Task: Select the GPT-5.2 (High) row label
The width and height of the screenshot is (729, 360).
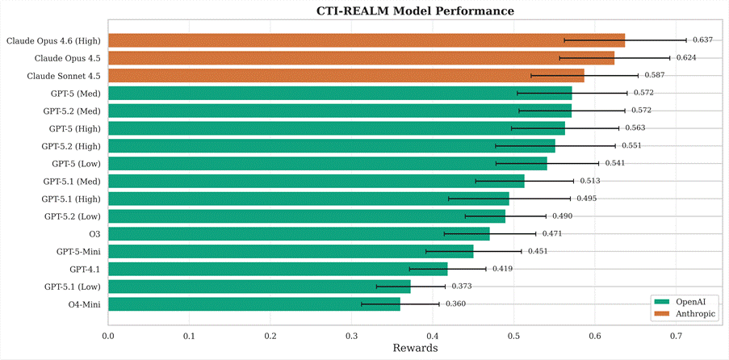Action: point(71,146)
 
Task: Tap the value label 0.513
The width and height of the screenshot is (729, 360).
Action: point(589,181)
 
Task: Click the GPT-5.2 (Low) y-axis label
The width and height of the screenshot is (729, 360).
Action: point(72,216)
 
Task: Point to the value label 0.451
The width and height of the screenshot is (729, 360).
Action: point(538,251)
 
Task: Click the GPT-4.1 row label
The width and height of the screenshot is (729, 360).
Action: point(84,269)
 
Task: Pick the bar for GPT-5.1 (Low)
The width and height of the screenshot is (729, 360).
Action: point(259,287)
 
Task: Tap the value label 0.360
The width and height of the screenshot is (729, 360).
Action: point(455,304)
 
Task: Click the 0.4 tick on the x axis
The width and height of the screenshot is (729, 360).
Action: point(433,336)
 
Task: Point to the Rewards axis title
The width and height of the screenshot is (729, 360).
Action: point(415,349)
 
